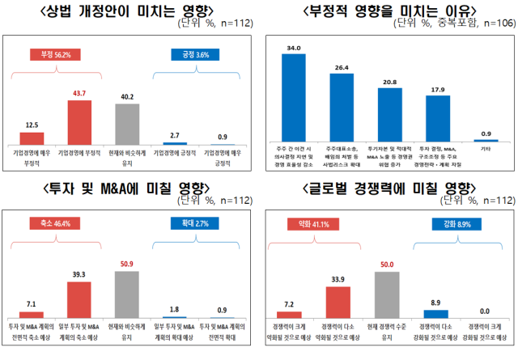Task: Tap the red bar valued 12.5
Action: point(32,138)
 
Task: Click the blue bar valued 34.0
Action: point(292,99)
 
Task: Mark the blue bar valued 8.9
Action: point(435,313)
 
